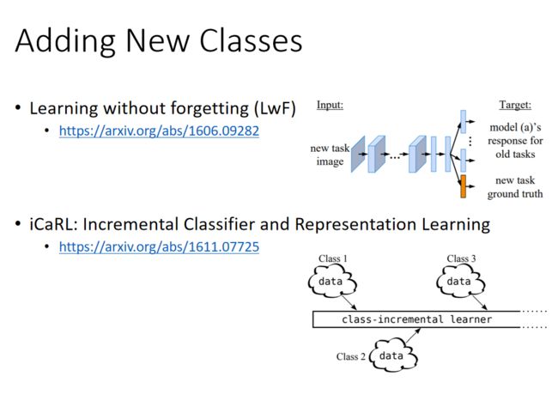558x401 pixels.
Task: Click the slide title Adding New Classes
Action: pyautogui.click(x=159, y=40)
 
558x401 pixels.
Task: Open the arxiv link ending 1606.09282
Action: pyautogui.click(x=159, y=131)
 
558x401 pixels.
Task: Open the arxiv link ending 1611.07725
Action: pyautogui.click(x=159, y=247)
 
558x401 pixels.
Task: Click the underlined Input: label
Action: pyautogui.click(x=330, y=105)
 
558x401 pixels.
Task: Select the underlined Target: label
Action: pyautogui.click(x=515, y=105)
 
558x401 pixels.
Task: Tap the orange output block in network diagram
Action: pyautogui.click(x=463, y=186)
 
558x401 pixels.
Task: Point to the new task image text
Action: pyautogui.click(x=330, y=155)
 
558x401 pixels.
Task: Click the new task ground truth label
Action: pyautogui.click(x=515, y=187)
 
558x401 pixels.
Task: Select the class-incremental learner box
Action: pyautogui.click(x=416, y=319)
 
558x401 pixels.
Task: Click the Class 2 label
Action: pyautogui.click(x=350, y=356)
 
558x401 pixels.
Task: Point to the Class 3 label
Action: pyautogui.click(x=461, y=258)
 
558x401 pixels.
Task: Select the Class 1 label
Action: pyautogui.click(x=333, y=258)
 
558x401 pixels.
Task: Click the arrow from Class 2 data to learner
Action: pyautogui.click(x=413, y=336)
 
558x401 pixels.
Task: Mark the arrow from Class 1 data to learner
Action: pyautogui.click(x=349, y=302)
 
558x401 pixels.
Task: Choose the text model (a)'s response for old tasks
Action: pyautogui.click(x=515, y=141)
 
